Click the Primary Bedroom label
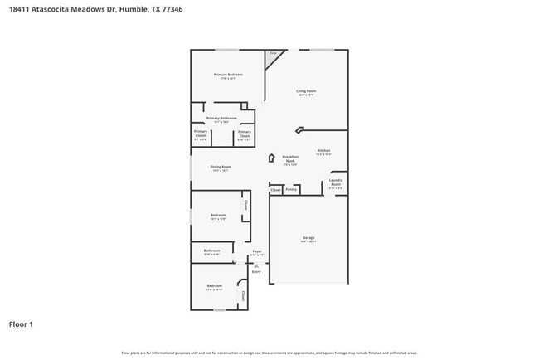228,75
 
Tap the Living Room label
306,91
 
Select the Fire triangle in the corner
273,55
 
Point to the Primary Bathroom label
221,119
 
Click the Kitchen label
323,151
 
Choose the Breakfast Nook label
289,158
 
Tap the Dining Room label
221,167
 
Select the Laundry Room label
336,182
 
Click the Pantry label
291,189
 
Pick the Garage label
308,238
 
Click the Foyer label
257,251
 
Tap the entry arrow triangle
256,265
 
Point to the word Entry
256,271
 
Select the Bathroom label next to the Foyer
212,251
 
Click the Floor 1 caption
21,324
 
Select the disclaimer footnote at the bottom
269,353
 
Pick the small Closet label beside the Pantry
275,190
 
